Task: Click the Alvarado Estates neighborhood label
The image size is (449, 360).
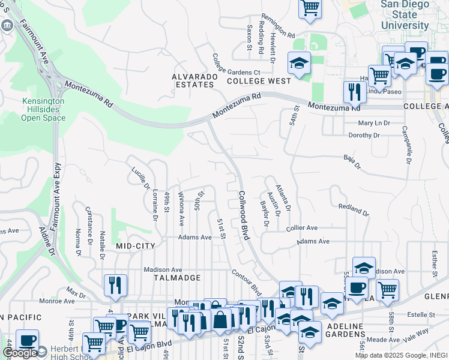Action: pos(193,80)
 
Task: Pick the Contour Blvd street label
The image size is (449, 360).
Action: pos(247,282)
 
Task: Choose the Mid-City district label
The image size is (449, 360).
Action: pos(136,246)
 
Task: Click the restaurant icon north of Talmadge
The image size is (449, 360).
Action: pos(115,286)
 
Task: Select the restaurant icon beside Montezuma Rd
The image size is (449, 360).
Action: pos(355,92)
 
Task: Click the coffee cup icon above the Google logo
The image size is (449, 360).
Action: pos(27,340)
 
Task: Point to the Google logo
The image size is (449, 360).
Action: pos(20,353)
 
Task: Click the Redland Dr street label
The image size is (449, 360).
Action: pos(353,210)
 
